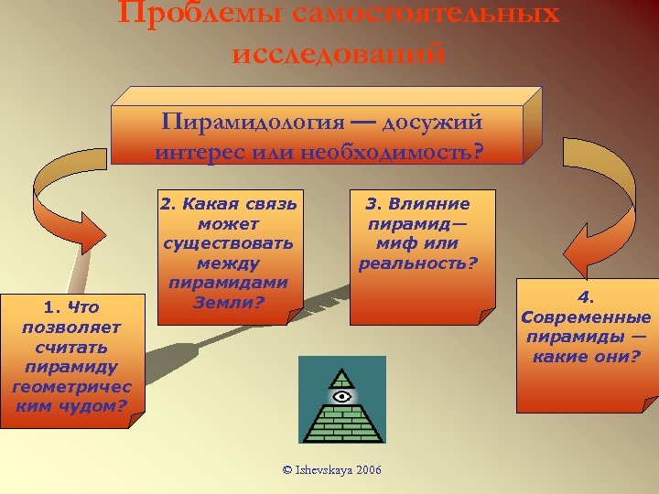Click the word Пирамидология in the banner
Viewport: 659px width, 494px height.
241,123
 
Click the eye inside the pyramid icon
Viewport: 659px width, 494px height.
342,396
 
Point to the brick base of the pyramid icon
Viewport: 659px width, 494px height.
342,424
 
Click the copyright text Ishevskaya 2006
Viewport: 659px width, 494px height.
332,469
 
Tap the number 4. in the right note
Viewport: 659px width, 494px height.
586,297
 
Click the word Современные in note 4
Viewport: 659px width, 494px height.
586,317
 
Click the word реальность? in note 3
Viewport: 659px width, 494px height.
417,263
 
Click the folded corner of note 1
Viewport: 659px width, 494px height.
135,421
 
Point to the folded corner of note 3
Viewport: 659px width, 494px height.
486,317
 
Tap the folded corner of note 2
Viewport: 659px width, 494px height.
291,316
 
